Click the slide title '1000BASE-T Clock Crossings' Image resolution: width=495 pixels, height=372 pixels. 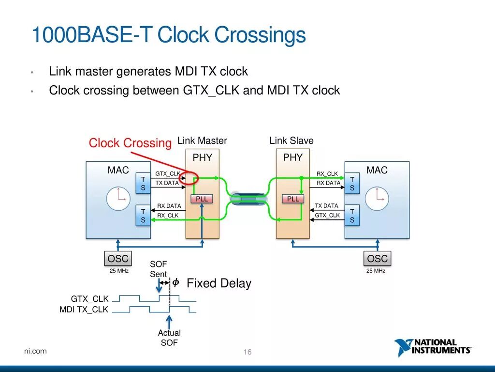point(168,36)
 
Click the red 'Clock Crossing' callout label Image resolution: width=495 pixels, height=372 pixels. point(130,143)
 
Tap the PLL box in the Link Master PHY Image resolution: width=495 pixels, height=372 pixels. point(202,199)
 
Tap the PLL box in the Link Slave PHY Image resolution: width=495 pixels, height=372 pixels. point(293,199)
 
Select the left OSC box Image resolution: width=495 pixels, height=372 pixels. point(118,259)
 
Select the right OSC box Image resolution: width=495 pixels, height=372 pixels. point(377,259)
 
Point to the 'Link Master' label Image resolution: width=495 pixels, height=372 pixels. point(202,141)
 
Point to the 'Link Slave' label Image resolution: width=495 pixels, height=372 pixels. point(291,141)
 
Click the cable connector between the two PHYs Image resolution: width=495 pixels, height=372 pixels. point(248,199)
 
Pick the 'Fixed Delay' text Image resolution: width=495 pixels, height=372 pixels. point(219,283)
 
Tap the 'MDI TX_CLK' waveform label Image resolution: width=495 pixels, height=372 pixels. point(84,310)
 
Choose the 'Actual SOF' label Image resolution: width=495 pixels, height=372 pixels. point(169,338)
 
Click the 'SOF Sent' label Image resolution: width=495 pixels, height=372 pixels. point(158,269)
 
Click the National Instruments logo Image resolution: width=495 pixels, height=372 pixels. point(433,347)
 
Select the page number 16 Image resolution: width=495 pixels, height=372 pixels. point(247,352)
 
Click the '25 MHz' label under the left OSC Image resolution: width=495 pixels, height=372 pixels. point(119,271)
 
